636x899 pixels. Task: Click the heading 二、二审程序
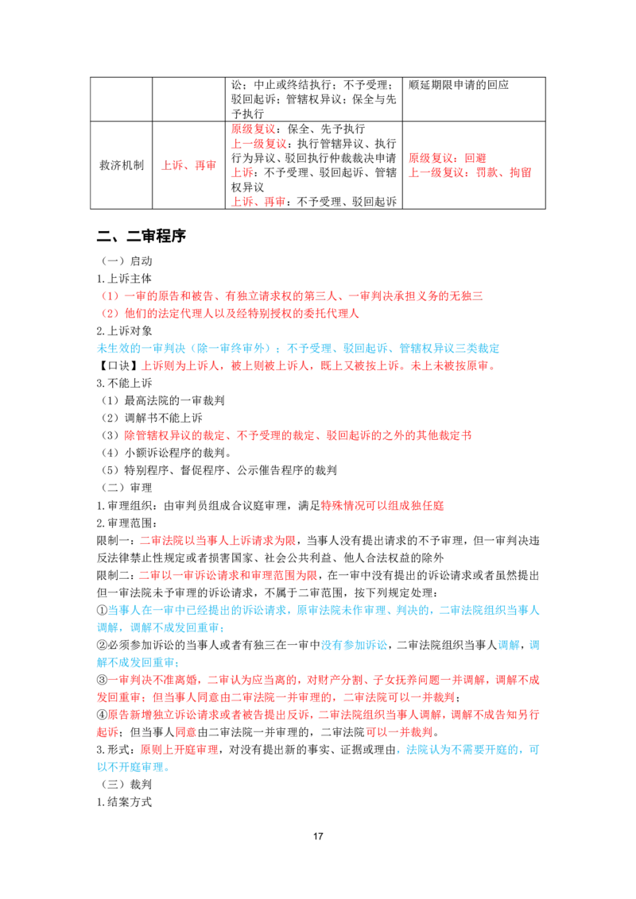pos(142,236)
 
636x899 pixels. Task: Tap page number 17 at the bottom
pos(318,836)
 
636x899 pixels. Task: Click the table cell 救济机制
pos(122,165)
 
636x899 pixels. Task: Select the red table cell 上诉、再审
pos(189,165)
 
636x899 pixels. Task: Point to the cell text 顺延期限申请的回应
pos(459,85)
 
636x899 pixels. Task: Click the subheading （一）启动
pos(127,260)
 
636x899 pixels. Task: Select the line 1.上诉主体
pos(125,279)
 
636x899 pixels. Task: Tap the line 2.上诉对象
pos(125,331)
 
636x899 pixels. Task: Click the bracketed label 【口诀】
pos(118,366)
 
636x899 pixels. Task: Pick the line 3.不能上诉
pos(125,383)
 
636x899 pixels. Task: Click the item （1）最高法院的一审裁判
pos(163,401)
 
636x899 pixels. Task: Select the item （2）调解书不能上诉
pos(152,418)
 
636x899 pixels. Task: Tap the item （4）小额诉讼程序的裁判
pos(166,453)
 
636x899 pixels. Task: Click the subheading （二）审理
pos(127,488)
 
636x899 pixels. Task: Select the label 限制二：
pos(118,575)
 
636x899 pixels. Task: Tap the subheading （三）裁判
pos(127,785)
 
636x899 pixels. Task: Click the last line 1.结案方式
pos(125,802)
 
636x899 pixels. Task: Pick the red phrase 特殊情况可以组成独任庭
pos(382,505)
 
